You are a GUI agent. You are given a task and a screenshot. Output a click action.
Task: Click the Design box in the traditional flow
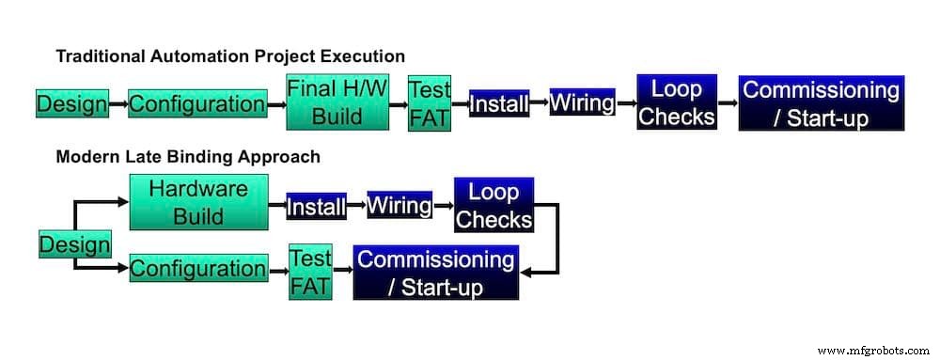tap(71, 103)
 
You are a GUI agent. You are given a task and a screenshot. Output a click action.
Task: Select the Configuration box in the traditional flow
tap(196, 103)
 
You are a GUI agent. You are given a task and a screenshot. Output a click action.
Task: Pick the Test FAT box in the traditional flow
tap(430, 104)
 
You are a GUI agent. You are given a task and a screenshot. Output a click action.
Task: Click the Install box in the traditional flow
tap(499, 103)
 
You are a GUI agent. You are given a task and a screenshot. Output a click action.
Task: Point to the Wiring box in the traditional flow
tap(582, 102)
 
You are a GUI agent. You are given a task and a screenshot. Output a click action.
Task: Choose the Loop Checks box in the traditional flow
tap(677, 103)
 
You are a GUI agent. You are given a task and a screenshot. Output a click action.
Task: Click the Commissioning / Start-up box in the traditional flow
tap(821, 103)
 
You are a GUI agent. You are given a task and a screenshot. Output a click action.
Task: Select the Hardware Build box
tap(197, 202)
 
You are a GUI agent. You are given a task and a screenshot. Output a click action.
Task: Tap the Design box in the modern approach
tap(74, 245)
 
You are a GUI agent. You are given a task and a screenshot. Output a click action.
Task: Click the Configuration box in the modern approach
tap(197, 269)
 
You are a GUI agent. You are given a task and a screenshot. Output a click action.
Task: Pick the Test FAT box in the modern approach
tap(310, 273)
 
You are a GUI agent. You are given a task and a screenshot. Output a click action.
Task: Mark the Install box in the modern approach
tap(316, 205)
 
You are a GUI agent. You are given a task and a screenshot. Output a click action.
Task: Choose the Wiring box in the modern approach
tap(399, 204)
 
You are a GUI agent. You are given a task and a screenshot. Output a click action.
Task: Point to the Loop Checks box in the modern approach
tap(493, 205)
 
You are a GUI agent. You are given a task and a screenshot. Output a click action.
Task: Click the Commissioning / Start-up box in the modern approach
tap(436, 273)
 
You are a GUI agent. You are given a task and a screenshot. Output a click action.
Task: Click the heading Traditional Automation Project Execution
tap(230, 56)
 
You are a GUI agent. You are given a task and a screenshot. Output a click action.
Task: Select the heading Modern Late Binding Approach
tap(188, 156)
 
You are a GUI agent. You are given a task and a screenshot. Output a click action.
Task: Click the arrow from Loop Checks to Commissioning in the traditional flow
tap(728, 103)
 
